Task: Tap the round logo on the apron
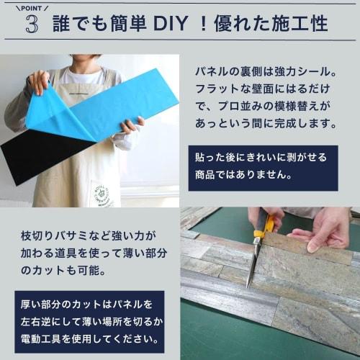(x=101, y=194)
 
